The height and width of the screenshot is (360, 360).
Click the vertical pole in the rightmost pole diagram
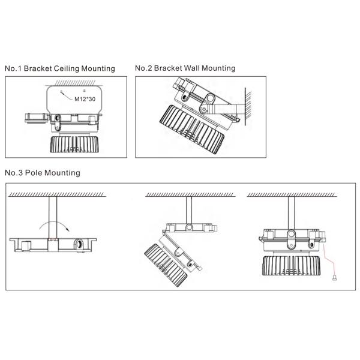click(291, 213)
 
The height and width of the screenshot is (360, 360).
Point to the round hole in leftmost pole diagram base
click(79, 244)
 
